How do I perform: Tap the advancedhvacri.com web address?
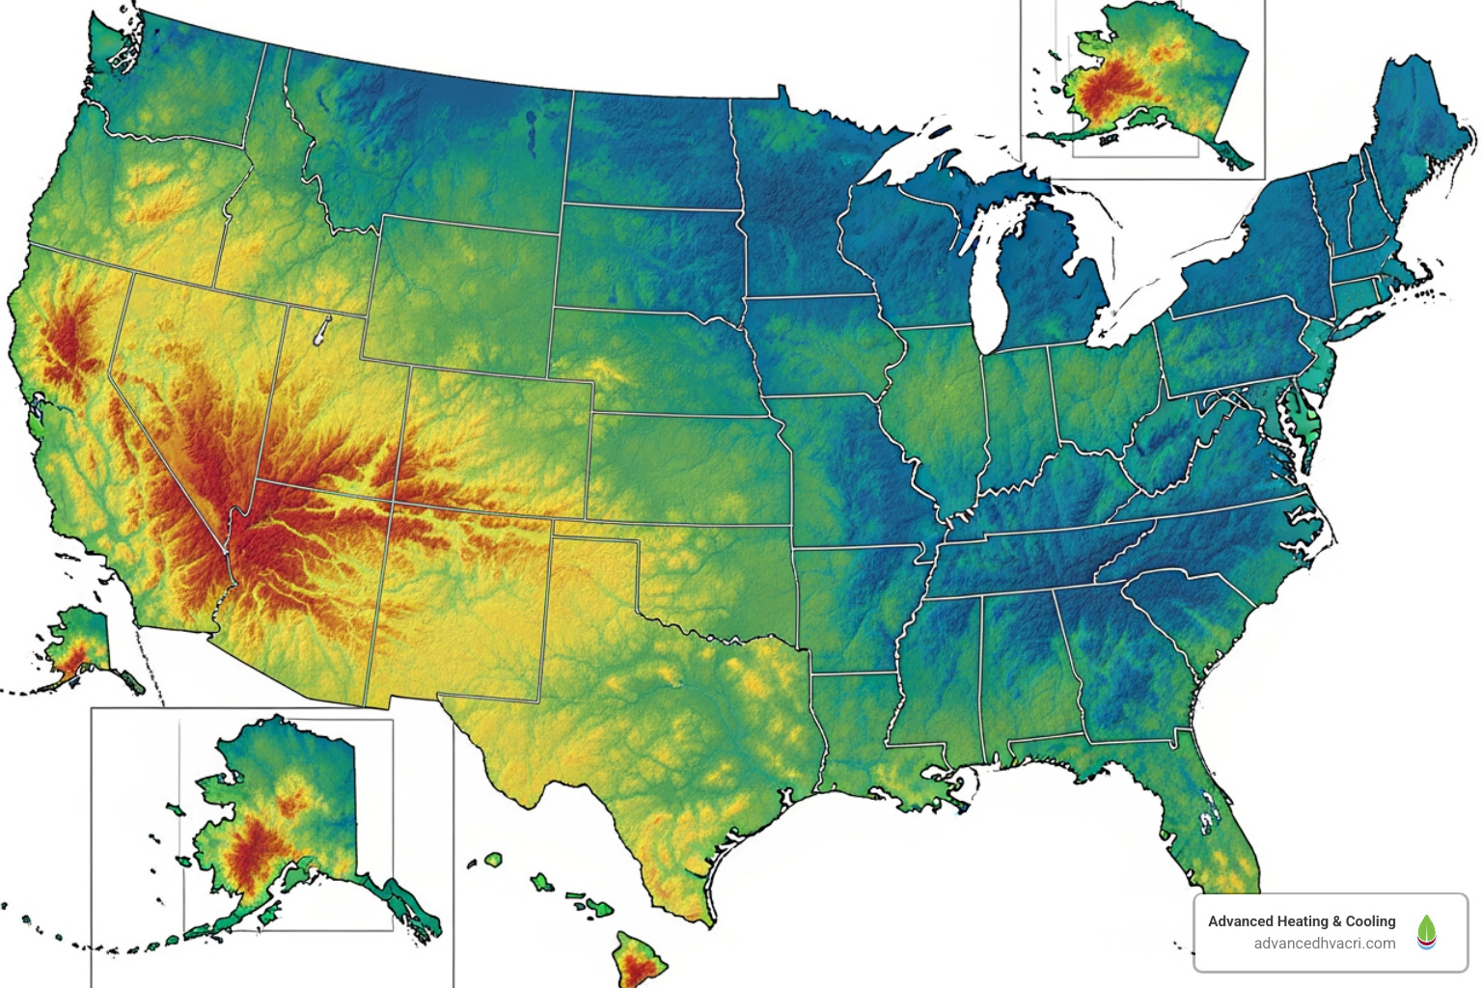(x=1324, y=944)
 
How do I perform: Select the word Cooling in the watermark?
(x=1370, y=921)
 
